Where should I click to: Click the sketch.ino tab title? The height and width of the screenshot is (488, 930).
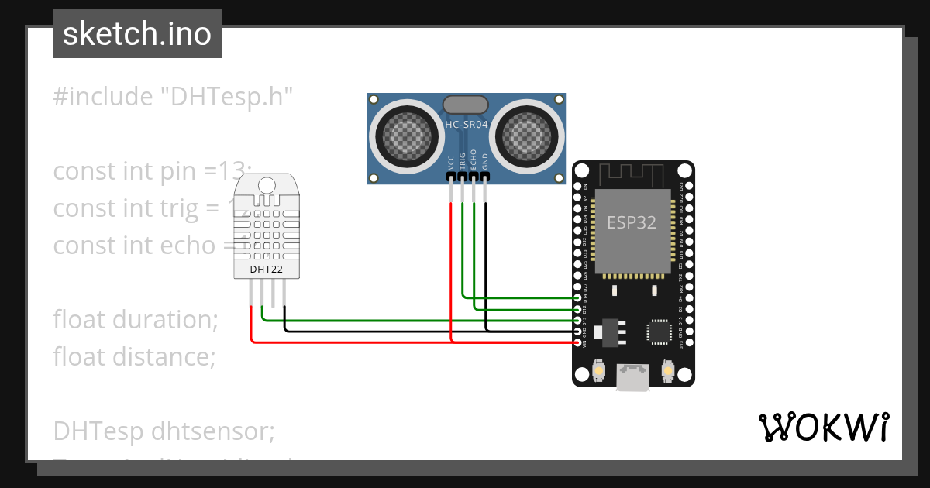tap(136, 34)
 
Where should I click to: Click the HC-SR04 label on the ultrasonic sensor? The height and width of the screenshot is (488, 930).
tap(466, 123)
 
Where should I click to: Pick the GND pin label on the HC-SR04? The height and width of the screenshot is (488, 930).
tap(485, 162)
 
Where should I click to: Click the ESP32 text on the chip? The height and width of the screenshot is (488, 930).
tap(631, 223)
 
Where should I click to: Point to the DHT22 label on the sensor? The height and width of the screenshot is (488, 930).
tap(265, 270)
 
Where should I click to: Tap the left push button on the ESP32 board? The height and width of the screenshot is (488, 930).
tap(598, 373)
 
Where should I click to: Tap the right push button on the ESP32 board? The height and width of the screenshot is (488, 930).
tap(668, 373)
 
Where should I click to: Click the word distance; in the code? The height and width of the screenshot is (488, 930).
tap(164, 356)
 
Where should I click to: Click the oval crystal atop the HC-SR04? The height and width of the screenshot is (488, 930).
tap(466, 104)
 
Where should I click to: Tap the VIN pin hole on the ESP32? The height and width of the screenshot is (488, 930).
tap(578, 342)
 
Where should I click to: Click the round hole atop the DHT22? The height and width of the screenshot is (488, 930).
tap(266, 185)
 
